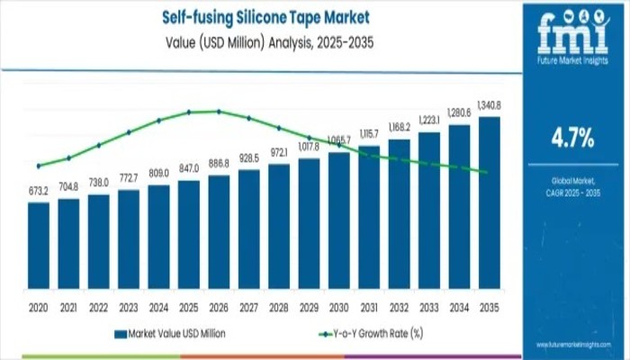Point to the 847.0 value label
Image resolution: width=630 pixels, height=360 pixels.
[189, 168]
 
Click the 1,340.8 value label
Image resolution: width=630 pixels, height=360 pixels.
[490, 105]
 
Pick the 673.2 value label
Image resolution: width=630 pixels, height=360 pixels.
[38, 191]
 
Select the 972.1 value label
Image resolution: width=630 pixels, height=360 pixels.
[280, 152]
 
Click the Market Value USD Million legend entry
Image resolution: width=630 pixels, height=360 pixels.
[175, 334]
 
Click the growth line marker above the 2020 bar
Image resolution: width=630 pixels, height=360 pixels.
[39, 166]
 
